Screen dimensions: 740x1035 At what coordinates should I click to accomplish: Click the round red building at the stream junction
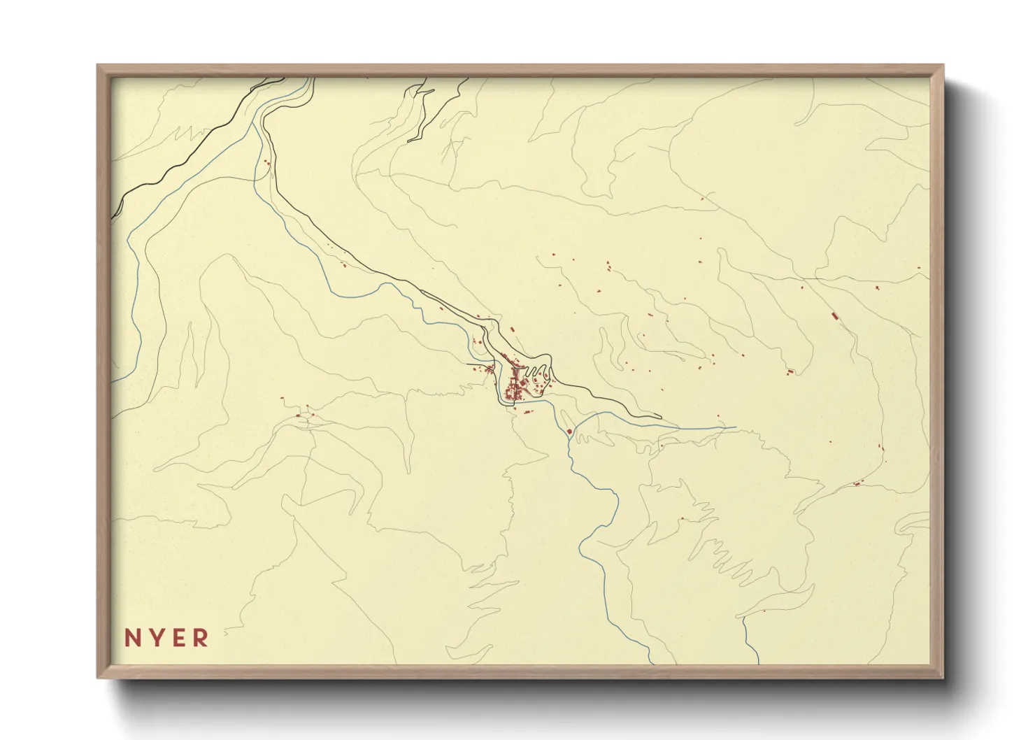569,432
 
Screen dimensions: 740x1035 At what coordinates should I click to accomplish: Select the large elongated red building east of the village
834,316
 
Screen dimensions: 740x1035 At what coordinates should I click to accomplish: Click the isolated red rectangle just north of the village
511,329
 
